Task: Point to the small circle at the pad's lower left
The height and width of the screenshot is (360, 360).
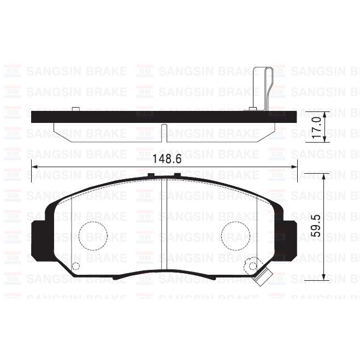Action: click(76, 267)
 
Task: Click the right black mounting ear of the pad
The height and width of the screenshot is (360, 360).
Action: click(288, 239)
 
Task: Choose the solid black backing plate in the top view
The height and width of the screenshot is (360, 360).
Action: click(164, 116)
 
